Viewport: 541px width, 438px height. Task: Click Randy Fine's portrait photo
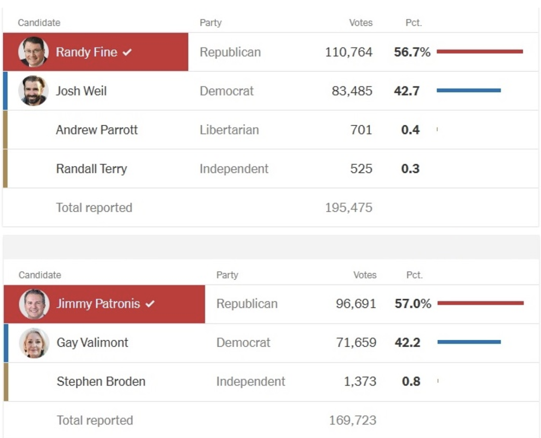[x=33, y=52]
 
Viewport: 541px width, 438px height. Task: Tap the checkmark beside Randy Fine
[x=127, y=52]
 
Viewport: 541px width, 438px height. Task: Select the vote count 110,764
[x=349, y=52]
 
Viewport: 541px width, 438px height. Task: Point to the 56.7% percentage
[x=412, y=52]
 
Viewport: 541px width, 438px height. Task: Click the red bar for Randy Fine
[x=480, y=51]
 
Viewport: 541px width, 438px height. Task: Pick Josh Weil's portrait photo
[x=33, y=91]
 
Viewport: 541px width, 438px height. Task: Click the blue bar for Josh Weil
[x=469, y=90]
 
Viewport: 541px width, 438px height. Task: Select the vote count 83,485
[x=352, y=91]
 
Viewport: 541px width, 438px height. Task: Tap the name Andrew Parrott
[x=97, y=130]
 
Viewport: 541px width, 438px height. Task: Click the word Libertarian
[x=229, y=130]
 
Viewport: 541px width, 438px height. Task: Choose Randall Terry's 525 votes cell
[x=361, y=168]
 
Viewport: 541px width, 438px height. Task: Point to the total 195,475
[x=349, y=208]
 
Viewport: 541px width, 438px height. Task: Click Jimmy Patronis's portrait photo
[x=34, y=304]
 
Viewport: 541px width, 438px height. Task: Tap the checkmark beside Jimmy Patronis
[x=150, y=304]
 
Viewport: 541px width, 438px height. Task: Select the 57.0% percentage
[x=413, y=304]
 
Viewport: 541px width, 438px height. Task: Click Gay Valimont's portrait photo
[x=34, y=343]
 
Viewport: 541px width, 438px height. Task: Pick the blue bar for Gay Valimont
[x=469, y=342]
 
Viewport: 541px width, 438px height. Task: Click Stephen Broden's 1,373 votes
[x=360, y=381]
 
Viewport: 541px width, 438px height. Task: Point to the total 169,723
[x=353, y=420]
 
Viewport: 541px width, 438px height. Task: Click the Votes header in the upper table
[x=361, y=23]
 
